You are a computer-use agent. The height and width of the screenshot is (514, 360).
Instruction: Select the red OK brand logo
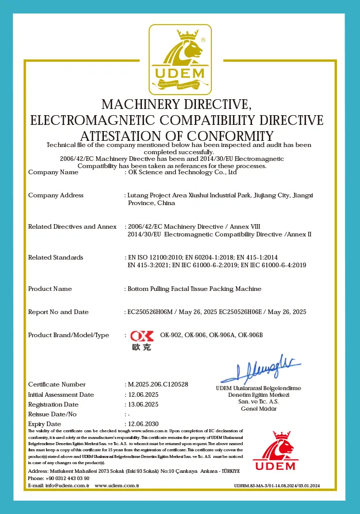(x=141, y=336)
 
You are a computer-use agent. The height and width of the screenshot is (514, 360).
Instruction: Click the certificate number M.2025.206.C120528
(x=157, y=384)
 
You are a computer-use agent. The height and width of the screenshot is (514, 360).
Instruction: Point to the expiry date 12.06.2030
(x=143, y=424)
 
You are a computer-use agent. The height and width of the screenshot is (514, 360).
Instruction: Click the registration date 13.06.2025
(x=143, y=405)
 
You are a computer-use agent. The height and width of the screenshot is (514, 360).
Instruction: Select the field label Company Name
(x=53, y=173)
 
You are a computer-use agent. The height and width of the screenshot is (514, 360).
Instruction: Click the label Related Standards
(x=56, y=258)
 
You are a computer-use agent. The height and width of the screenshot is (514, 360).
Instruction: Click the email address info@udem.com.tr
(x=67, y=486)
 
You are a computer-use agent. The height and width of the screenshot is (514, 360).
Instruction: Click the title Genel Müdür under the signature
(x=259, y=409)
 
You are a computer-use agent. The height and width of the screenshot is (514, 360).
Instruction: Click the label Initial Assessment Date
(x=61, y=395)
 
